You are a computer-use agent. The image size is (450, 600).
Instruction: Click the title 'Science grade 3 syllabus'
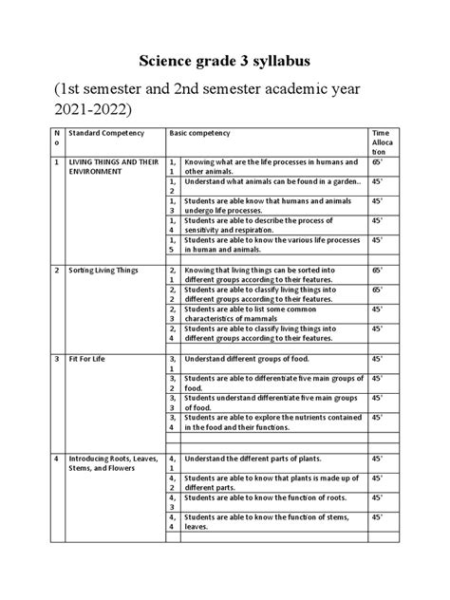[224, 62]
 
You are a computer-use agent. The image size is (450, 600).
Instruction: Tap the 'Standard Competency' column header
[103, 134]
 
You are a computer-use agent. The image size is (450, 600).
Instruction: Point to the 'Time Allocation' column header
[381, 143]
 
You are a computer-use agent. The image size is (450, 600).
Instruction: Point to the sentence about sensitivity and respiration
[252, 223]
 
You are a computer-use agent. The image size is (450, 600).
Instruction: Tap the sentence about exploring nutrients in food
[272, 422]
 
